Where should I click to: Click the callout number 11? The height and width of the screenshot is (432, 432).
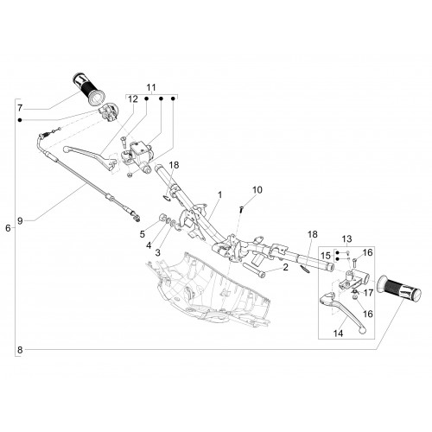click(x=151, y=87)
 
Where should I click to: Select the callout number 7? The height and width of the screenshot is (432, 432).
click(x=20, y=108)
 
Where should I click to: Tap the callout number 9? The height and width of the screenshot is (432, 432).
click(x=20, y=221)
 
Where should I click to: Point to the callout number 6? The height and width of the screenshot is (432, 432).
click(x=8, y=228)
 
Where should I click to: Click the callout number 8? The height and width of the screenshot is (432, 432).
click(x=20, y=350)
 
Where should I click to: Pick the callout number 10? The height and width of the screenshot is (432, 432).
click(x=257, y=190)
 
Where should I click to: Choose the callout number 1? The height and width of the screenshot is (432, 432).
click(x=219, y=195)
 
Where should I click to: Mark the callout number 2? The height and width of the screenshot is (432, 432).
click(x=285, y=267)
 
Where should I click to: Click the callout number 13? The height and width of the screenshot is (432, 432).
click(x=346, y=238)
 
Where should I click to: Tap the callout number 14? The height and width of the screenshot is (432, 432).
click(x=339, y=334)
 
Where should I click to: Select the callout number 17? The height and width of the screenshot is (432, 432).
click(x=368, y=293)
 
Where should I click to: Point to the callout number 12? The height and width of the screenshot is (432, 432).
click(x=133, y=99)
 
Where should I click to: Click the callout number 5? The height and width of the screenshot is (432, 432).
click(x=143, y=234)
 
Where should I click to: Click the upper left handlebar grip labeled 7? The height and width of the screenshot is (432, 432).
click(x=89, y=89)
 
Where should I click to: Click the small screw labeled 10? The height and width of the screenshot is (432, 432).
click(x=241, y=209)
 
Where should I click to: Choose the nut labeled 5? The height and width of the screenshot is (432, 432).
click(x=164, y=218)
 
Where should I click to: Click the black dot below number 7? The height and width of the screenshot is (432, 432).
click(x=20, y=120)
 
